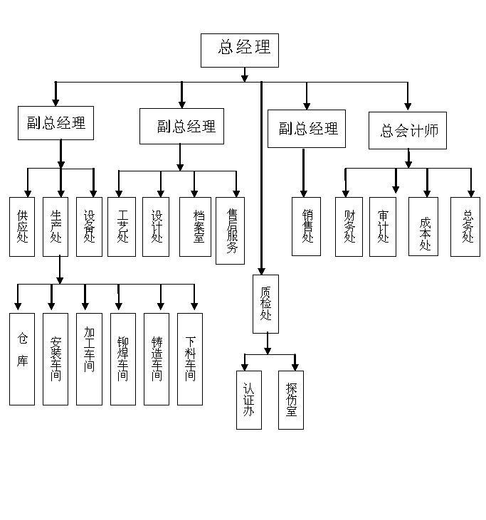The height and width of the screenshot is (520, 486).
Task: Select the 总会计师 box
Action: click(407, 130)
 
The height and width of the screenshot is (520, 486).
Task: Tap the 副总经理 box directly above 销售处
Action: click(307, 129)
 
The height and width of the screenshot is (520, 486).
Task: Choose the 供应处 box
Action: click(22, 226)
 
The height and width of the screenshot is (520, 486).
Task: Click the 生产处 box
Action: click(56, 226)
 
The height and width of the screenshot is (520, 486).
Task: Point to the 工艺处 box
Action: click(122, 226)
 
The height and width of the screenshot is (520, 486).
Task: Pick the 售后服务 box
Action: click(230, 230)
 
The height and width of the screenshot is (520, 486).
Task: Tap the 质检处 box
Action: click(265, 304)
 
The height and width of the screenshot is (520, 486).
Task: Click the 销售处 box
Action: click(307, 226)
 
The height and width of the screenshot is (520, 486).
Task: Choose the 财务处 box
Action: click(349, 226)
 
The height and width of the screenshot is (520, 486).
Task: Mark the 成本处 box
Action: click(423, 226)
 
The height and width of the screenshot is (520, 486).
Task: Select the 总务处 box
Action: click(465, 226)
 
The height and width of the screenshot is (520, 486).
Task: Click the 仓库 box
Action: click(22, 359)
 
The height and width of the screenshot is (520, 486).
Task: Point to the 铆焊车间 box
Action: click(122, 359)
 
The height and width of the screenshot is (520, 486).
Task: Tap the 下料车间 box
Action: click(190, 359)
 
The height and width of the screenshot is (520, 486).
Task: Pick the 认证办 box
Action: click(249, 400)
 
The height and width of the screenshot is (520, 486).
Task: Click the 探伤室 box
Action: click(291, 400)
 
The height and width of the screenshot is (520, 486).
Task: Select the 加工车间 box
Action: click(89, 359)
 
